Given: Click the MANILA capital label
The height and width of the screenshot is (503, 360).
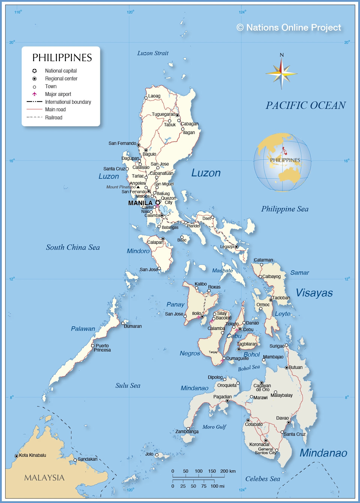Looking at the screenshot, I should pos(140,203).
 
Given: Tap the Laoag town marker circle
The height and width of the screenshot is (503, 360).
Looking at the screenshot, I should pos(146,98).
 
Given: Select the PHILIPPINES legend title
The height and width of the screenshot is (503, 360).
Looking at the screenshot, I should pos(62,58).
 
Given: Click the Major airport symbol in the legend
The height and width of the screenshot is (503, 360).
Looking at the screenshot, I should pos(34,94).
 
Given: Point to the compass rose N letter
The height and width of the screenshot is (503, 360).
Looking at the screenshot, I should pos(281,55).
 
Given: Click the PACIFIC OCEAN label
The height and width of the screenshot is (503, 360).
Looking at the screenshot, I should pos(305,105).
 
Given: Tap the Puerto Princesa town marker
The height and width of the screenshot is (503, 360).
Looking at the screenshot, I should pos(93,346).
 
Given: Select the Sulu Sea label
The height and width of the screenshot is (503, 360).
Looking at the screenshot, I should pos(128,385).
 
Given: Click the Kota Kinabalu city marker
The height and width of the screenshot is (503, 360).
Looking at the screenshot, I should pos(16,456).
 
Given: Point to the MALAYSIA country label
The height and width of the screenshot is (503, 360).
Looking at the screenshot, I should pos(44,478).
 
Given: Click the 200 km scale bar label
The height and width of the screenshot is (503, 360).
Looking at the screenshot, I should pos(228,471).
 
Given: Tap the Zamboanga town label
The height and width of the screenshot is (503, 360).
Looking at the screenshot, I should pos(187,432).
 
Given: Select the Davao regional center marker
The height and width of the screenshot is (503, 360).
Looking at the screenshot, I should pos(289,422).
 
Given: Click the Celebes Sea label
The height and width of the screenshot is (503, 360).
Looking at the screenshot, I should pos(262,479).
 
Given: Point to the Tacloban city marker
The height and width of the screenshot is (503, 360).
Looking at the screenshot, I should pos(271,300).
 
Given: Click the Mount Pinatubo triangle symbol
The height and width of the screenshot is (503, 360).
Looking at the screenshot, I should pos(138,187).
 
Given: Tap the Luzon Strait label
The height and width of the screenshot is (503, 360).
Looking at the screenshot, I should pos(153,53).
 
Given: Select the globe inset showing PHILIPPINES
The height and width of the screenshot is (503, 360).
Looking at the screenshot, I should pos(282,162).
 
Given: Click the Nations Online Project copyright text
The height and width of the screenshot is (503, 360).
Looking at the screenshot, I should pos(289,28).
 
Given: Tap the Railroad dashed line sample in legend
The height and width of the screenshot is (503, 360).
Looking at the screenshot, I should pos(34,117).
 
